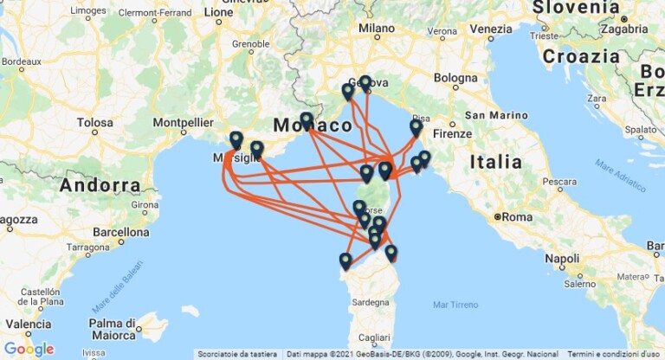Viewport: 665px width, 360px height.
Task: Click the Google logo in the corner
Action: coord(29,349)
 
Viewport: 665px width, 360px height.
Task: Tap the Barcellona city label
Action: coord(120,232)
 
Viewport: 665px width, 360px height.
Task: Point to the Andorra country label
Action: coord(100,184)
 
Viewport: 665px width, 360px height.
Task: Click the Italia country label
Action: coord(496,162)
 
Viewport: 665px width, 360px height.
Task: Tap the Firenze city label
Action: coord(455,134)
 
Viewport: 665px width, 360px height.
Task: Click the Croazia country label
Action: coord(581,56)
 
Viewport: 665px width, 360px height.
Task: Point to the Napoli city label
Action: coord(562,259)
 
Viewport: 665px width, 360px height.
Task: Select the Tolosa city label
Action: coord(94,123)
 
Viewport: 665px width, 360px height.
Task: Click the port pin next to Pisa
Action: coord(416,128)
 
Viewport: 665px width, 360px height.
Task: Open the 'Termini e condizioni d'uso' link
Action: coord(616,354)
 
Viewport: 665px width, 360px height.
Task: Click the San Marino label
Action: coord(496,115)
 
